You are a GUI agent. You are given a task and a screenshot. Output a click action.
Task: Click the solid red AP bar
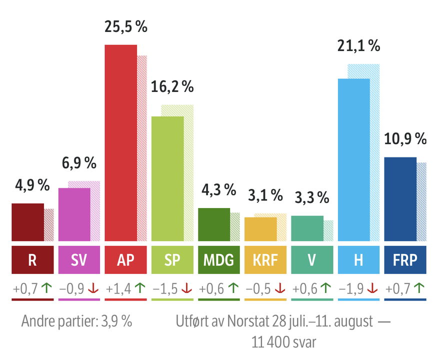(120, 142)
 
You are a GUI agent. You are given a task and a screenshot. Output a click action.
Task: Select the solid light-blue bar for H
(354, 160)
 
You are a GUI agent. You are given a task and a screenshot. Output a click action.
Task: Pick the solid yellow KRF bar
(260, 229)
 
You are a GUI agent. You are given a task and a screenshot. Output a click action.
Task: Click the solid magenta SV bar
(74, 214)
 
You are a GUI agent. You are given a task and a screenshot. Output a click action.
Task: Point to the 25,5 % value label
(126, 26)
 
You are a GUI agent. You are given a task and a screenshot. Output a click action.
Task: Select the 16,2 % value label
(172, 87)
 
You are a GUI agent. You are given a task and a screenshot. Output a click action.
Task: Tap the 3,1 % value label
(265, 195)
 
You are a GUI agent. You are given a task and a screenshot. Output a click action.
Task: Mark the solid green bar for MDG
(214, 224)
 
